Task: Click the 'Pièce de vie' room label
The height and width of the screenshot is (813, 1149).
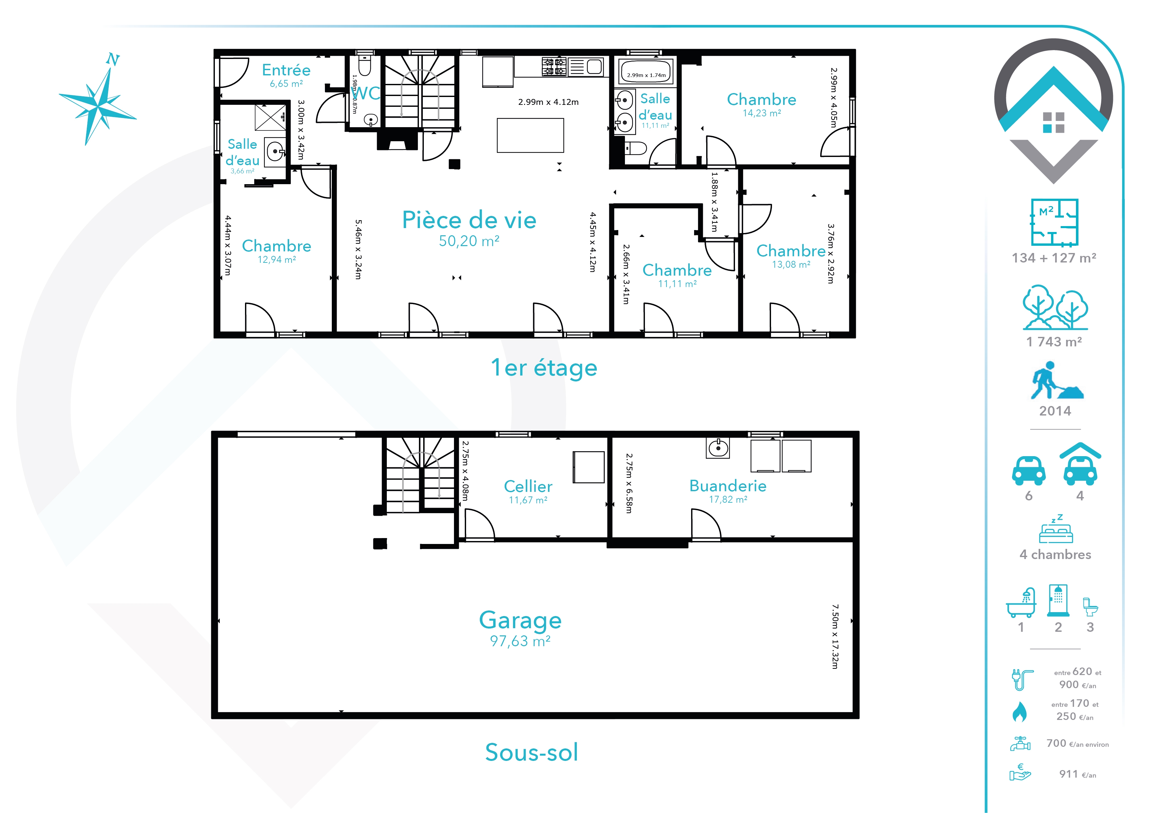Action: tap(469, 220)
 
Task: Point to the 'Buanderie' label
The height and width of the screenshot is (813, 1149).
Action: tap(728, 486)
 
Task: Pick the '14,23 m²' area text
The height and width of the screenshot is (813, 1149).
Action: tap(762, 113)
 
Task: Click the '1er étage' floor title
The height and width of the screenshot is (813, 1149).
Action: tap(544, 368)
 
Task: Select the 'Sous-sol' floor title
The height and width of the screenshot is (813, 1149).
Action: tap(532, 752)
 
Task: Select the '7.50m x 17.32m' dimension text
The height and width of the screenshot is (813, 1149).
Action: tap(835, 636)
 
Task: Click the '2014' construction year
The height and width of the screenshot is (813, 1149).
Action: tap(1055, 411)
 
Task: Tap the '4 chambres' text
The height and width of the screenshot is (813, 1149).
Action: tap(1055, 555)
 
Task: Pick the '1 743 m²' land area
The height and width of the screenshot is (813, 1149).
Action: tap(1054, 342)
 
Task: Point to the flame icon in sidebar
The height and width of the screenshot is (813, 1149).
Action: tap(1019, 711)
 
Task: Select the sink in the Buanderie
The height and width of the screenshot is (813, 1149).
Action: tap(718, 448)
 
